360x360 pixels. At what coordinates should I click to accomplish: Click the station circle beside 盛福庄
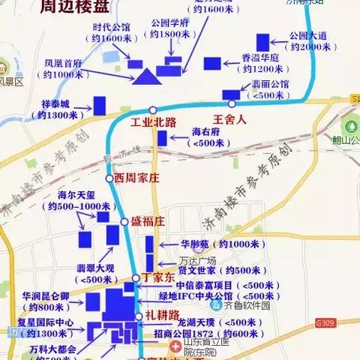point(124,221)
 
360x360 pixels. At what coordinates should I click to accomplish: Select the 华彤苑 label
point(197,244)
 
